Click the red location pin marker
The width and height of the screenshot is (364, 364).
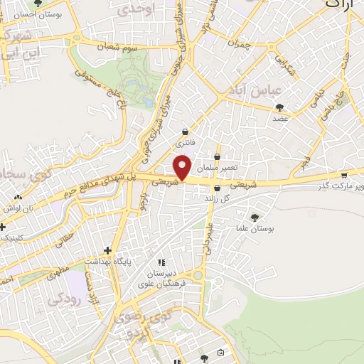[183, 166]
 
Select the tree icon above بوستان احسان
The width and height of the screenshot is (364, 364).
[38, 3]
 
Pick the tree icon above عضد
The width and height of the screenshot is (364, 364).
[279, 107]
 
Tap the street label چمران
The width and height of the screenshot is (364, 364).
[242, 44]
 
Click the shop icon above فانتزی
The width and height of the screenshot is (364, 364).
[186, 132]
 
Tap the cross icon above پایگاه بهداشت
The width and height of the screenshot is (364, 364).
[107, 250]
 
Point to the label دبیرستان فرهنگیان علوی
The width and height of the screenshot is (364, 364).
[166, 279]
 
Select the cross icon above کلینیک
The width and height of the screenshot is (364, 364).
[3, 227]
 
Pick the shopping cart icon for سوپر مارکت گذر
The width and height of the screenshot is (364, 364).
[344, 175]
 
